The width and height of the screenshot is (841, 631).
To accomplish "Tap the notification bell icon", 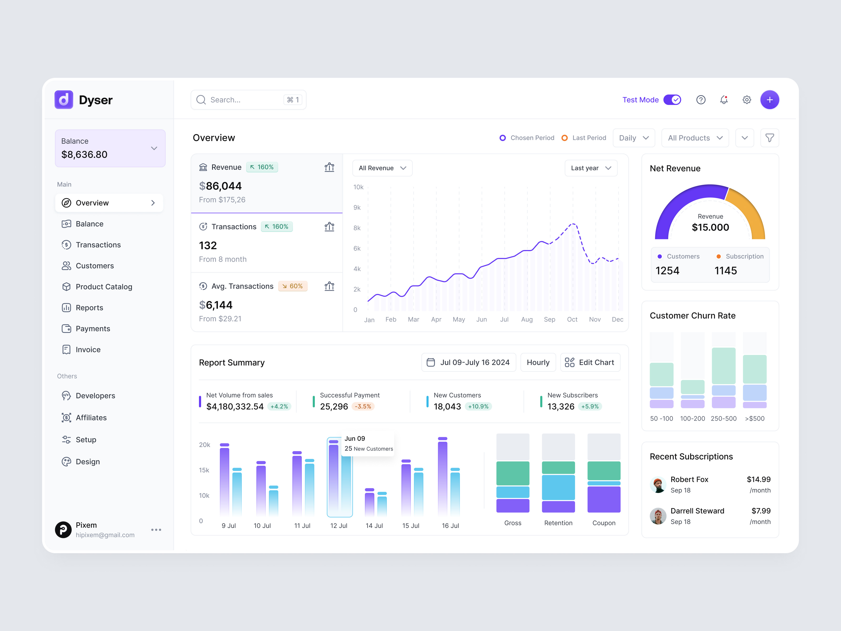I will coord(724,100).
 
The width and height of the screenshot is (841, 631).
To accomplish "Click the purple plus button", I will coord(769,100).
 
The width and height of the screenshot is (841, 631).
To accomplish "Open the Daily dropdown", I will coord(633,138).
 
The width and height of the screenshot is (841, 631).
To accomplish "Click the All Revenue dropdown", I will coord(382,168).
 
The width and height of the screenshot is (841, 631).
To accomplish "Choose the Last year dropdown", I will coord(591,168).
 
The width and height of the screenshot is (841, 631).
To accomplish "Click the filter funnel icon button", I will coord(769,138).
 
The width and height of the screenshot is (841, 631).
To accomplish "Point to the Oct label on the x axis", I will coord(572,319).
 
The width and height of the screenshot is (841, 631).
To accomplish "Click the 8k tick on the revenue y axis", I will coord(357,228).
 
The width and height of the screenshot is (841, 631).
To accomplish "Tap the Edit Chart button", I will coord(590,363).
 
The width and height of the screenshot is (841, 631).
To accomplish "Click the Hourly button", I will coord(538,363).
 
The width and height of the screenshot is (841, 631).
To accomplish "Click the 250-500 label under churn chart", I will coord(723,418).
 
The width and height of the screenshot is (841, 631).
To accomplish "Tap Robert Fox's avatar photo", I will coord(658,485).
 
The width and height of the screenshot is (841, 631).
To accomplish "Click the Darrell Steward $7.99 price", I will coord(761,511).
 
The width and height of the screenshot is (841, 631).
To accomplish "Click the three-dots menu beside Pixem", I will coord(156,530).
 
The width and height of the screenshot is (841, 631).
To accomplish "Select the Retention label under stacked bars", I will coord(558,523).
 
